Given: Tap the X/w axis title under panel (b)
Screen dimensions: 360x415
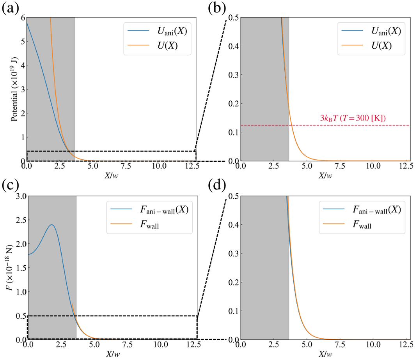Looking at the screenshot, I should click(x=325, y=176).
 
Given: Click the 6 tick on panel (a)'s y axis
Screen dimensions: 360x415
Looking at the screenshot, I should click(x=21, y=18).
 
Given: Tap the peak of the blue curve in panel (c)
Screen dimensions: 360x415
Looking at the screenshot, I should click(x=51, y=225).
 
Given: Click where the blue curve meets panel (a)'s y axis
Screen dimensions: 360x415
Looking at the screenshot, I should click(x=27, y=23).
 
